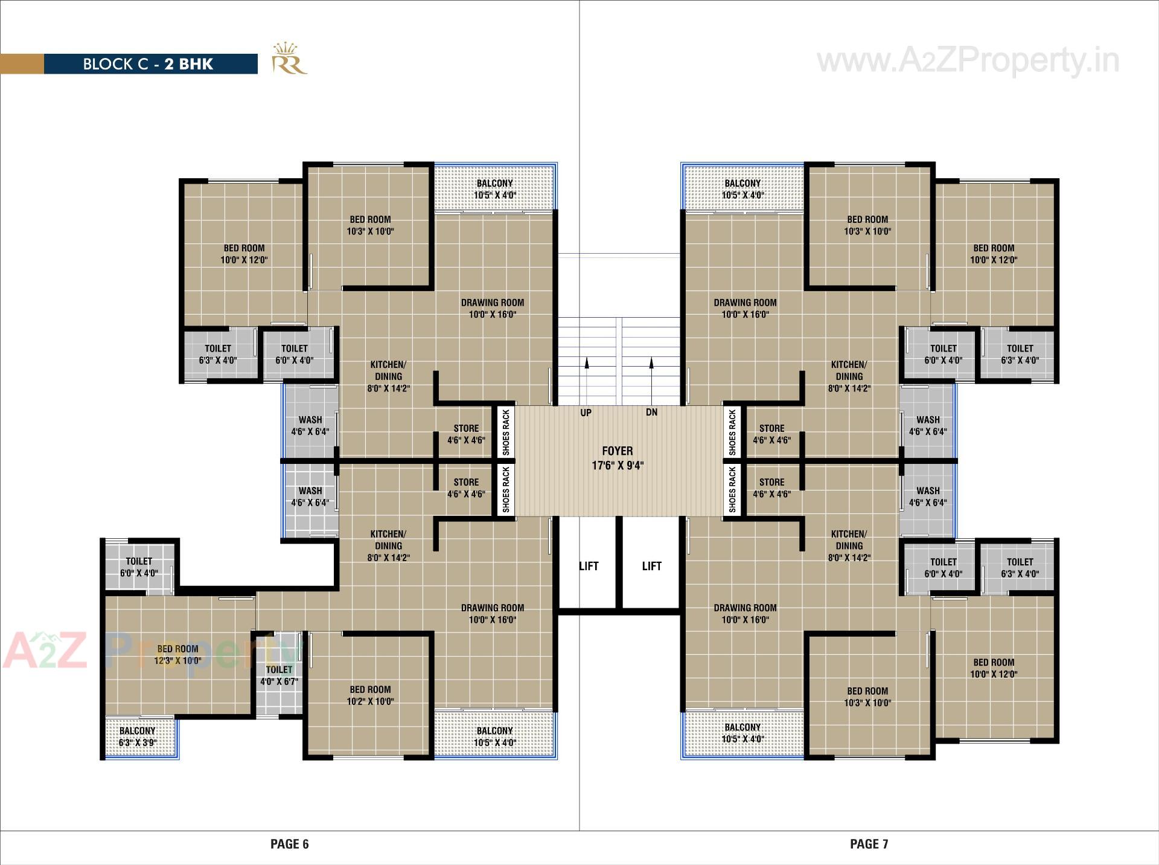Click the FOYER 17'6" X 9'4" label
point(618,458)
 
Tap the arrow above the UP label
point(586,362)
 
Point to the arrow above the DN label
point(651,362)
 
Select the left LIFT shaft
point(589,565)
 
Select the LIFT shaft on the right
point(651,565)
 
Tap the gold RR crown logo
point(289,59)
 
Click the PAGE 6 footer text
point(289,844)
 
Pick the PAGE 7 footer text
point(869,844)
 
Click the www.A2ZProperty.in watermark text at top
point(968,61)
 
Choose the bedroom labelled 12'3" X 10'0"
point(177,654)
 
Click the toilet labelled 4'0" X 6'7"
point(279,675)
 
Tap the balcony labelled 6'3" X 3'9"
point(138,736)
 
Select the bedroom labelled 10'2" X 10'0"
point(370,695)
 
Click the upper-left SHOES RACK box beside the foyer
point(506,432)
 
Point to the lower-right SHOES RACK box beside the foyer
point(732,489)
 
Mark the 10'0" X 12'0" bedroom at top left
point(244,254)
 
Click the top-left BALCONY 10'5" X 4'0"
point(494,188)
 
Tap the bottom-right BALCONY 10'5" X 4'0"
point(742,733)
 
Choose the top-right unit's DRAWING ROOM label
point(745,308)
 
